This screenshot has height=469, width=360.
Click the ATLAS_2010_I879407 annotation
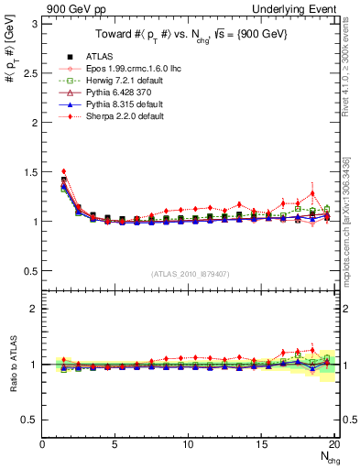pos(189,273)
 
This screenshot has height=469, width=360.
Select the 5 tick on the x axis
pos(115,444)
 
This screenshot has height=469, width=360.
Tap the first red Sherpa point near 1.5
pos(64,171)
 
